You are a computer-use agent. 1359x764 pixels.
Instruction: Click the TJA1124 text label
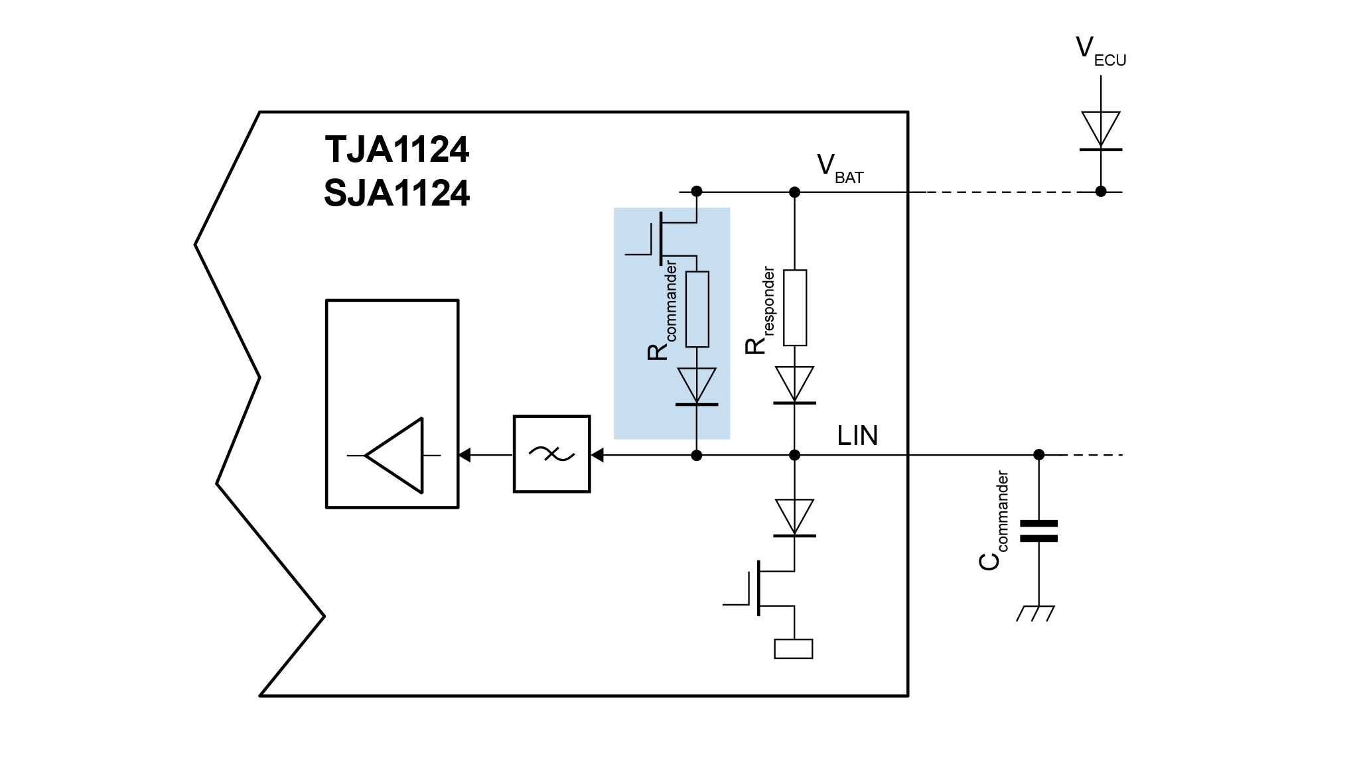pos(397,150)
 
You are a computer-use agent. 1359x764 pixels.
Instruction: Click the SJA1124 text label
pos(397,194)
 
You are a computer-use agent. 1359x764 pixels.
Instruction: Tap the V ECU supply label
pos(1100,51)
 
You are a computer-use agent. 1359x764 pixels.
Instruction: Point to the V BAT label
pos(839,168)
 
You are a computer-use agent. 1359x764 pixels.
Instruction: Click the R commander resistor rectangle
pos(697,309)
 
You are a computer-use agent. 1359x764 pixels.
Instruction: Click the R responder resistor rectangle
pos(794,308)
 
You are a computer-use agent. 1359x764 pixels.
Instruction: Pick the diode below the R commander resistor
pos(697,387)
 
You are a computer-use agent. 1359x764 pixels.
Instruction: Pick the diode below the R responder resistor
pos(794,385)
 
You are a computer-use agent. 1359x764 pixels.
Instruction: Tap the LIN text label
pos(857,436)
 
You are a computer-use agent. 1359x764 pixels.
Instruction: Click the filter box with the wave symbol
pos(551,454)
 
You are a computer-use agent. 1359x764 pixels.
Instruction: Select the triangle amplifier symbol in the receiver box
pos(394,455)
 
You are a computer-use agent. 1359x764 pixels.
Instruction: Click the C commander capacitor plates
pos(1038,531)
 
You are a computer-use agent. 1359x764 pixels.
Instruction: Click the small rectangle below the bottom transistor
pos(794,649)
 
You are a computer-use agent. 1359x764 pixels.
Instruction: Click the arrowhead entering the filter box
pos(597,455)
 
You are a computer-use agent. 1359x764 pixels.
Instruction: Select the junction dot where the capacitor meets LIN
pos(1039,455)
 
